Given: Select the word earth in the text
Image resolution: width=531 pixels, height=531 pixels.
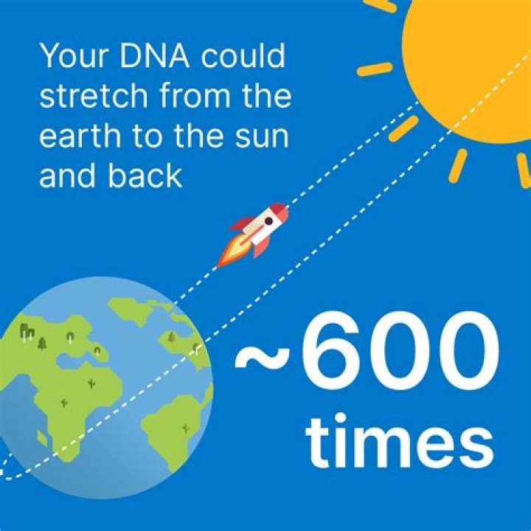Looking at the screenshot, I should click(x=80, y=137).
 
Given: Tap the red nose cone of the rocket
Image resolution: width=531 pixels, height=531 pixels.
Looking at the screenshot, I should click(x=280, y=210).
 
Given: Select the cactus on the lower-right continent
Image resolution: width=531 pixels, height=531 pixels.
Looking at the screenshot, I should click(x=185, y=427).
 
